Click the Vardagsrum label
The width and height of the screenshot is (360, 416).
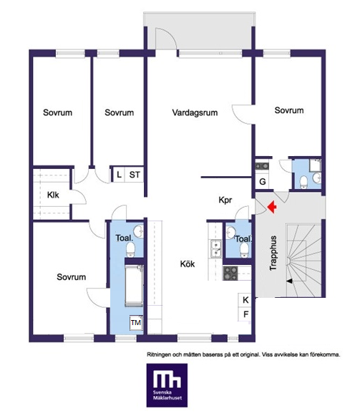[195, 112]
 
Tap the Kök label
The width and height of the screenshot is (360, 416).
[188, 264]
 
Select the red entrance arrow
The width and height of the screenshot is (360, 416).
[272, 206]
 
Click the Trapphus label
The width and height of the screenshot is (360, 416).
[273, 253]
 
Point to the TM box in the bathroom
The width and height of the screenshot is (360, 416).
[136, 323]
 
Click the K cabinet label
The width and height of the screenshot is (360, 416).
[245, 300]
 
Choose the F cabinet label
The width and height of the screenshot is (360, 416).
[245, 314]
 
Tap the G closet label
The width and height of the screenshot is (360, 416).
[263, 182]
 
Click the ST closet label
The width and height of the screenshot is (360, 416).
[135, 175]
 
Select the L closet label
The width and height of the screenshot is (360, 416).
[119, 175]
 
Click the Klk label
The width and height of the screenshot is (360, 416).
[53, 195]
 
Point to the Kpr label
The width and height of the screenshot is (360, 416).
[225, 200]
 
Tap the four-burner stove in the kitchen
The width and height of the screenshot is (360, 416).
[230, 274]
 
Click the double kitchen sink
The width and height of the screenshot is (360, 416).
[216, 248]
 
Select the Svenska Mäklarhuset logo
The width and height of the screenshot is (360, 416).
[167, 385]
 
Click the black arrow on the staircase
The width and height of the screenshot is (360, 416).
[289, 281]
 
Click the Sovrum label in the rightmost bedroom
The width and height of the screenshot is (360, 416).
[289, 110]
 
